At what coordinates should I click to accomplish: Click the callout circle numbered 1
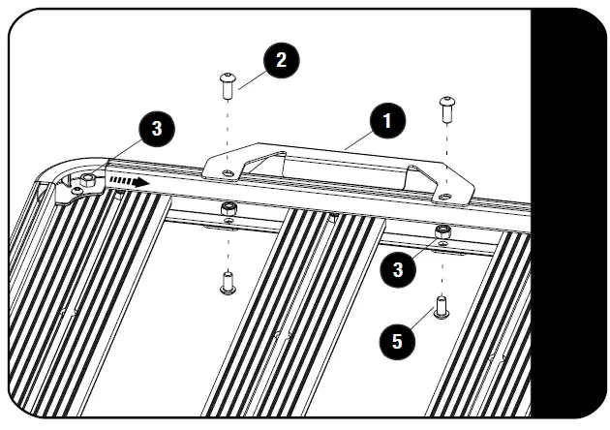386,121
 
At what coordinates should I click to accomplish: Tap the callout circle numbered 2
280,60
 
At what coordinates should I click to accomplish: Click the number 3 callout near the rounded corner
156,128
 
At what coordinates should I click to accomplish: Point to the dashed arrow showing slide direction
127,180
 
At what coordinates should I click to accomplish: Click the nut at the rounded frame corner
87,178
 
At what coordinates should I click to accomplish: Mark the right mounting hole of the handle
444,196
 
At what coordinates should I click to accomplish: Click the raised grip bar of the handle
320,151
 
